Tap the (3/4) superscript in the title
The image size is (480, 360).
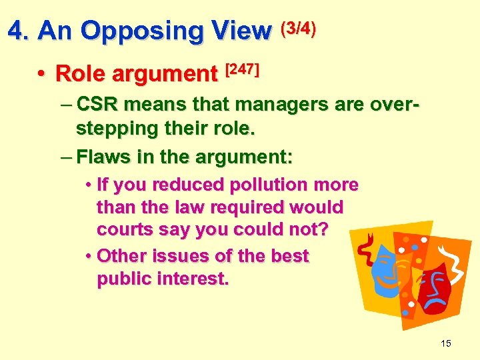298,28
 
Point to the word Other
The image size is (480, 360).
119,256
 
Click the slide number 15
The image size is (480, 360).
446,343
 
